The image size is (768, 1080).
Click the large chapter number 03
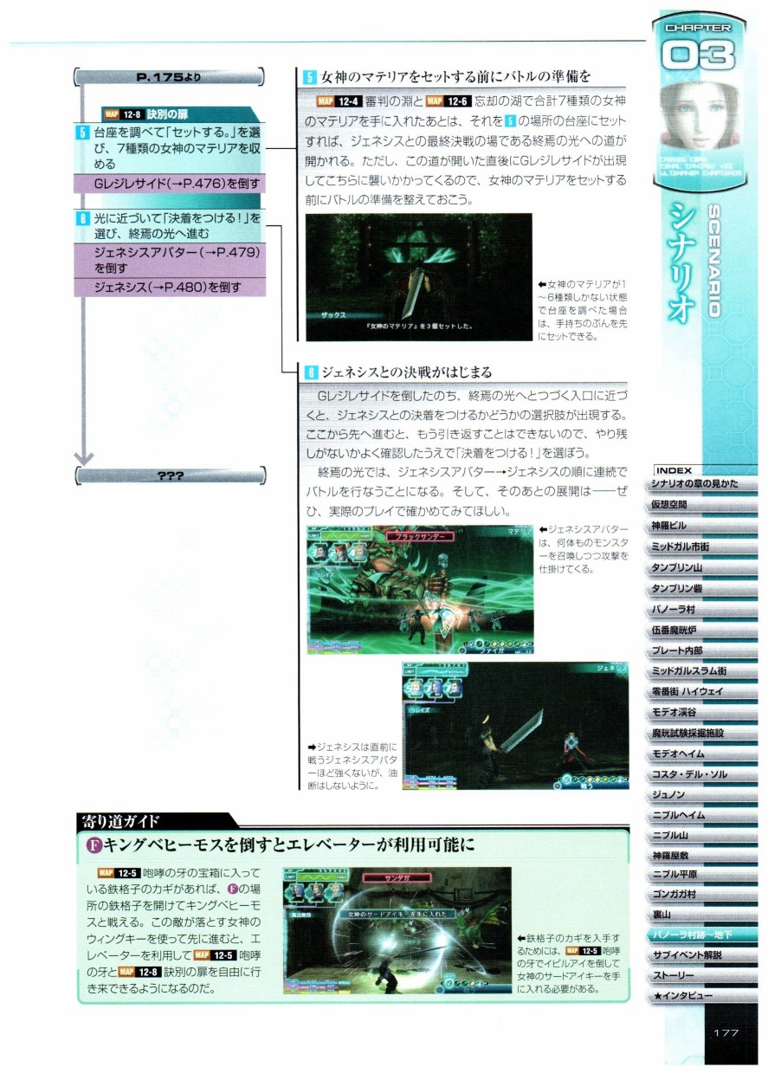[698, 57]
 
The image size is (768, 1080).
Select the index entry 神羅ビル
[669, 526]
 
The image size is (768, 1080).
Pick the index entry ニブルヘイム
[677, 815]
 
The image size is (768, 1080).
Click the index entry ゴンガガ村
[674, 894]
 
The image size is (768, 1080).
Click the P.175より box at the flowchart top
[170, 77]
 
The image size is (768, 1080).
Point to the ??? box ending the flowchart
[170, 475]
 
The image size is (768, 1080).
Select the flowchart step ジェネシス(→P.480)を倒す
[171, 287]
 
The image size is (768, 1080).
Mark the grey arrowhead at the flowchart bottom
[83, 456]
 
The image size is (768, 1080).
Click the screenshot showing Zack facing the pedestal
[418, 277]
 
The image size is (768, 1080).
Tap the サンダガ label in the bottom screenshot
[397, 877]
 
